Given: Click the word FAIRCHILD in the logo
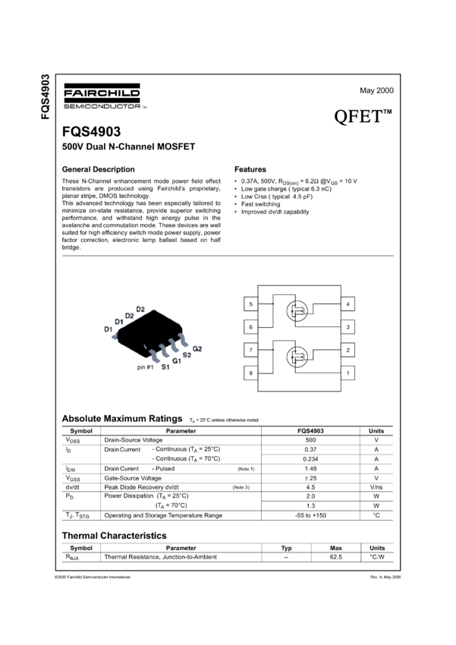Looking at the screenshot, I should click(101, 93).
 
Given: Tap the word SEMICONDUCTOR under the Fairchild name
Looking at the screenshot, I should click(101, 105).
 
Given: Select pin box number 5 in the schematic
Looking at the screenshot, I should click(250, 304).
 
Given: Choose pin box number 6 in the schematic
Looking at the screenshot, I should click(250, 327).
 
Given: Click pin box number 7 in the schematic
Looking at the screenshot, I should click(250, 350).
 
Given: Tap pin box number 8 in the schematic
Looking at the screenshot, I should click(250, 373).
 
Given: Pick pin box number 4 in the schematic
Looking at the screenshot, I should click(348, 304).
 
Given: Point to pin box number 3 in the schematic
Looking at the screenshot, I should click(348, 327).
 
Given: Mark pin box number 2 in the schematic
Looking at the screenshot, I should click(348, 350).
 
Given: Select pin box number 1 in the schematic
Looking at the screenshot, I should click(348, 373).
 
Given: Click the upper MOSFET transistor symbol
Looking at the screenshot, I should click(297, 310).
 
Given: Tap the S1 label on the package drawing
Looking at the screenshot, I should click(165, 367).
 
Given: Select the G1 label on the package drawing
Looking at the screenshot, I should click(177, 360).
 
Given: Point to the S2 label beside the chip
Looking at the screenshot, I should click(187, 354).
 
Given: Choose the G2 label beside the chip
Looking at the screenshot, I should click(197, 348).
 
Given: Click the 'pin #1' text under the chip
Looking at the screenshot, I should click(145, 367).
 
